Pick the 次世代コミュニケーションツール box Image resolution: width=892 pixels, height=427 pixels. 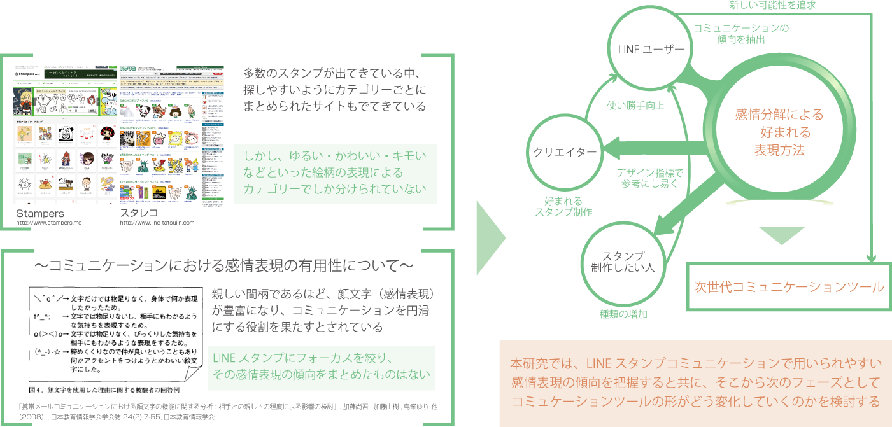click(788, 286)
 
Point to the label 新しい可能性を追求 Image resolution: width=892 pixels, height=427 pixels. click(772, 5)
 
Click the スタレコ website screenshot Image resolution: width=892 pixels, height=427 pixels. click(172, 135)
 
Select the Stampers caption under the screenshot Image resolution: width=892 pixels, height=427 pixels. click(40, 214)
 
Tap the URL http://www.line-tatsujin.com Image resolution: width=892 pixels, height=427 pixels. click(157, 223)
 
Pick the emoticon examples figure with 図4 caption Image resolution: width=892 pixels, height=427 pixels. click(117, 340)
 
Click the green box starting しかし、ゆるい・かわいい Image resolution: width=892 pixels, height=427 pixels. click(335, 173)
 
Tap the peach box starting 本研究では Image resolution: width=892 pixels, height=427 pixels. click(695, 383)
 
